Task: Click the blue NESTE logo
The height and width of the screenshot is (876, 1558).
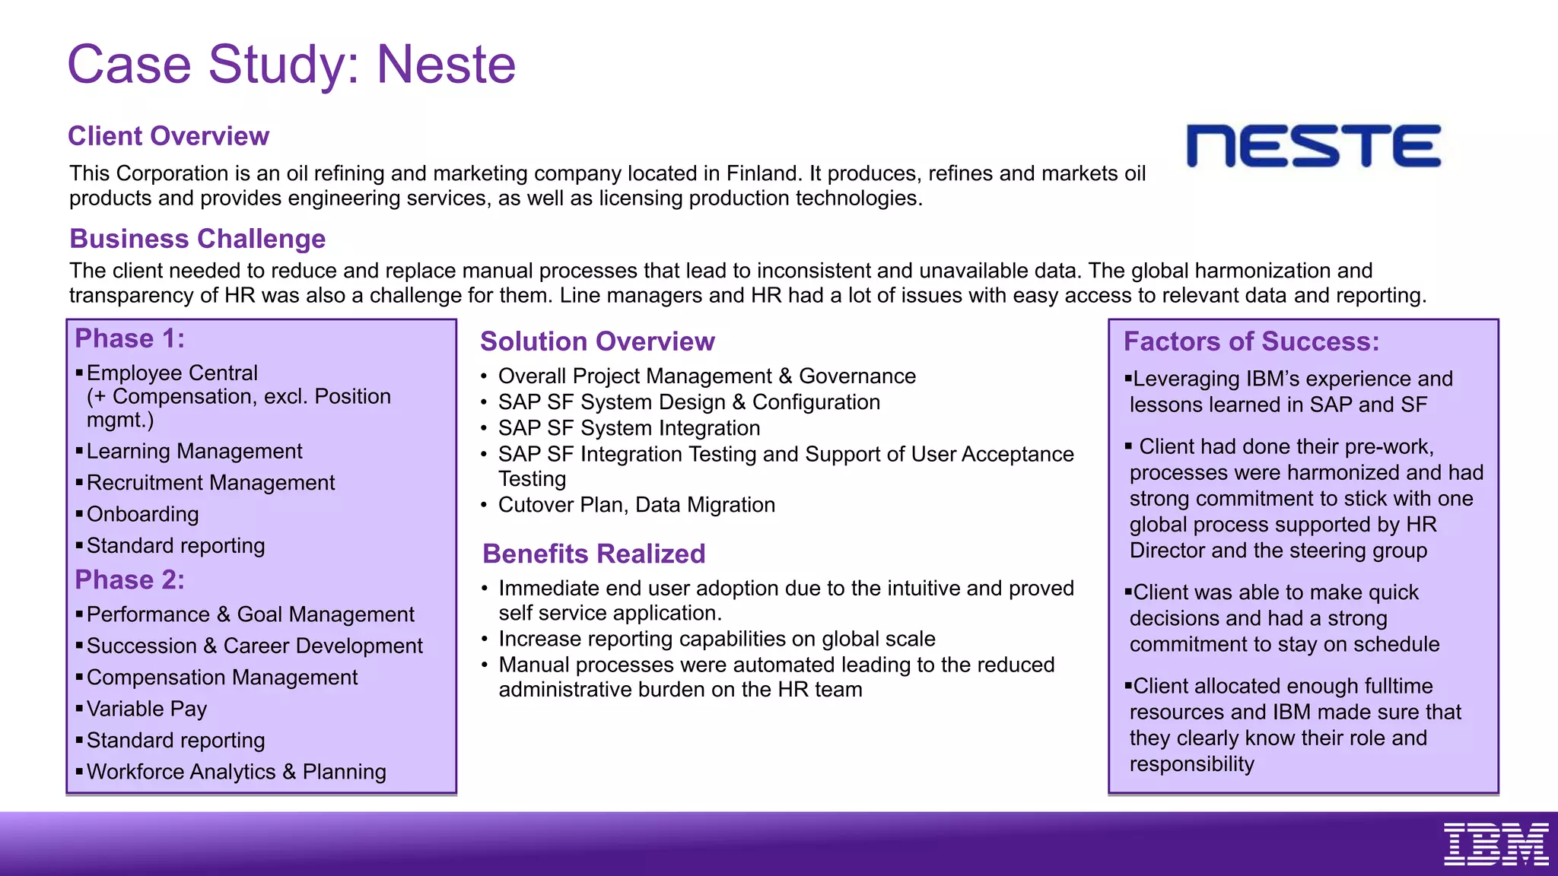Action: coord(1313,146)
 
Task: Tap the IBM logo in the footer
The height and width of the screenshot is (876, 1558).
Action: coord(1496,844)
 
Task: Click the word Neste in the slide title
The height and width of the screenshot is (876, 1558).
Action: coord(446,65)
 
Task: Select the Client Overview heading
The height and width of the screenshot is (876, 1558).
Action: coord(168,136)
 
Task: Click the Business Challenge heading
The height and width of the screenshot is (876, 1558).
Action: coord(197,239)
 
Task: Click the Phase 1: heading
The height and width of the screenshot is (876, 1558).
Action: coord(129,338)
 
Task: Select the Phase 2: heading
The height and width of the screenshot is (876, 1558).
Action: coord(129,580)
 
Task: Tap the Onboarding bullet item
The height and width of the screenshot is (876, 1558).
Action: coord(142,515)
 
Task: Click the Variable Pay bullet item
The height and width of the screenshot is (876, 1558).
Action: coord(146,709)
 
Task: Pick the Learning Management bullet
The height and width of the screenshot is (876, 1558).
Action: coord(194,452)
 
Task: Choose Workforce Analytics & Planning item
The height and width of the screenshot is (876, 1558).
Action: coord(236,772)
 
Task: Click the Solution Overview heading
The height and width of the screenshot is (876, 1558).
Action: coord(597,341)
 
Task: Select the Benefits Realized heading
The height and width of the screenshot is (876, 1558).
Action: coord(593,554)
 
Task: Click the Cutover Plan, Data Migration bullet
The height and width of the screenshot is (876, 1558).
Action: coord(636,505)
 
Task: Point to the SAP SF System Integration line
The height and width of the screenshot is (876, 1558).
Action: coord(628,428)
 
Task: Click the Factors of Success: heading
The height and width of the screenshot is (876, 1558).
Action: coord(1251,341)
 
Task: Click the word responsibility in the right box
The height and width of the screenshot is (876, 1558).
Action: coord(1191,764)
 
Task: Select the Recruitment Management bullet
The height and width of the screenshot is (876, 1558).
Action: coord(210,483)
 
